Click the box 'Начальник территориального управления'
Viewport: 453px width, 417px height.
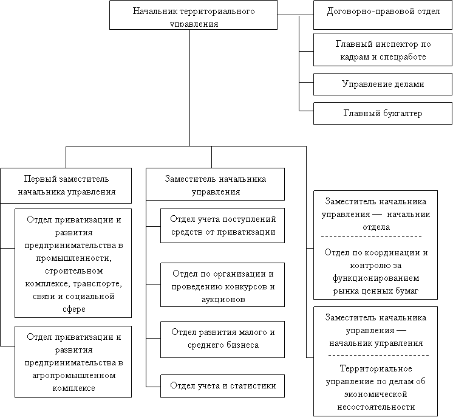[193, 15]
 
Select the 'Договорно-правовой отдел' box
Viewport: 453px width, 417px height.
[383, 15]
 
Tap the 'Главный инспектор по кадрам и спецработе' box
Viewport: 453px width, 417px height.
[383, 50]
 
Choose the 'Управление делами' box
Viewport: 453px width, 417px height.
[383, 84]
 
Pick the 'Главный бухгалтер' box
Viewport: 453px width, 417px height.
[383, 113]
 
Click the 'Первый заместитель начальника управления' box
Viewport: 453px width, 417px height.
[66, 185]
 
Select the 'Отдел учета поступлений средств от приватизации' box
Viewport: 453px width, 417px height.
[222, 226]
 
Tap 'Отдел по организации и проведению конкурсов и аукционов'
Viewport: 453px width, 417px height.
[222, 285]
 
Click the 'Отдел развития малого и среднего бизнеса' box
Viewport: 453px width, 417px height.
[222, 340]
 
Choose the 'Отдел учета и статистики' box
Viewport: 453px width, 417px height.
[222, 386]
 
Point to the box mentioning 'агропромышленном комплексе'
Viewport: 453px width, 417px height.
[73, 362]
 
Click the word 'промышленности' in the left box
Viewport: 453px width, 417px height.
[74, 258]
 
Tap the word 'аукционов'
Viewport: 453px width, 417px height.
[223, 299]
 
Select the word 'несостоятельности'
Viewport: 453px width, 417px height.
[376, 407]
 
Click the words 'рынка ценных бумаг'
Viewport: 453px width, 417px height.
[375, 291]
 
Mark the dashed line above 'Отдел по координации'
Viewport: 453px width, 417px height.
[371, 237]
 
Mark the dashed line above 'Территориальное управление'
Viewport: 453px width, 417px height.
[378, 355]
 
